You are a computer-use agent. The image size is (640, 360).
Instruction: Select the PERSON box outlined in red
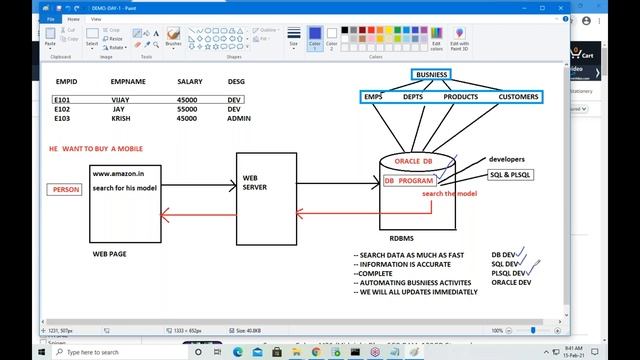click(66, 189)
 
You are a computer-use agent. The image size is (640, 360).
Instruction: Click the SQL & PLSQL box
click(510, 175)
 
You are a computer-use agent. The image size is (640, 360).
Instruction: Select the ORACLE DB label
click(413, 161)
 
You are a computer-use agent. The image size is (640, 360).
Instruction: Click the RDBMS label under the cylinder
click(402, 238)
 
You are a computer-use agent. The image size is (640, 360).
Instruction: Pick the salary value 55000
click(187, 109)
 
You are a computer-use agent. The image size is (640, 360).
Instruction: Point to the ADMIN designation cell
click(239, 118)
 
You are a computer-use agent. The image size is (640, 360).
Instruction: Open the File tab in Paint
click(50, 18)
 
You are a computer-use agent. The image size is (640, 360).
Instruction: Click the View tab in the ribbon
click(96, 18)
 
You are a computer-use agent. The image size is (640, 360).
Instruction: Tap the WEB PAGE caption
click(110, 255)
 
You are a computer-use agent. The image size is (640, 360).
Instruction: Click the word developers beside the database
click(507, 159)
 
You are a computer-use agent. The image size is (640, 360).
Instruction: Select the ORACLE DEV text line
click(512, 282)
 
